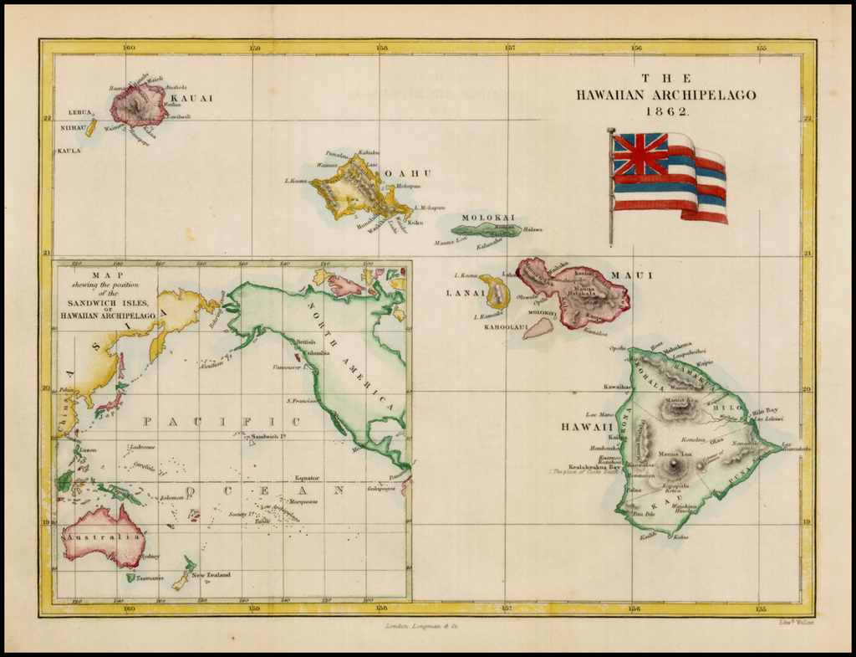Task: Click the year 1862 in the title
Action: pos(665,111)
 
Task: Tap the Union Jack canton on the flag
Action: pos(639,155)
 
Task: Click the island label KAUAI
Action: pos(191,98)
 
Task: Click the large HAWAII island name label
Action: pos(582,427)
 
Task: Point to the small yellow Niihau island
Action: pos(90,127)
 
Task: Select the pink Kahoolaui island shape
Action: pos(538,327)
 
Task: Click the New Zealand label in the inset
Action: pos(211,575)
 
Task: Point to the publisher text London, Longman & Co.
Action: pos(421,625)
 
